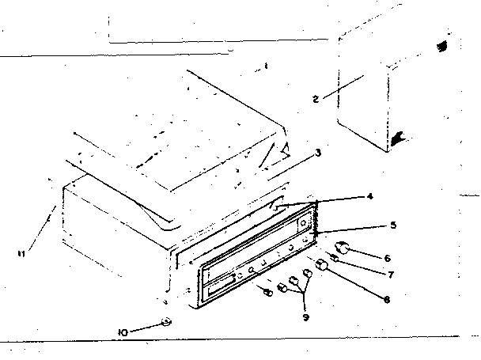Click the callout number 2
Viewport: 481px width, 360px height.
point(315,99)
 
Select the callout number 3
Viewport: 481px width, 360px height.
point(318,153)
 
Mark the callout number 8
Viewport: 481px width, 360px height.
point(385,299)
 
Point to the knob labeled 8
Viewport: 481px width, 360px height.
point(323,266)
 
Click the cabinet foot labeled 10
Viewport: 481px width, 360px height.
point(166,322)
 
